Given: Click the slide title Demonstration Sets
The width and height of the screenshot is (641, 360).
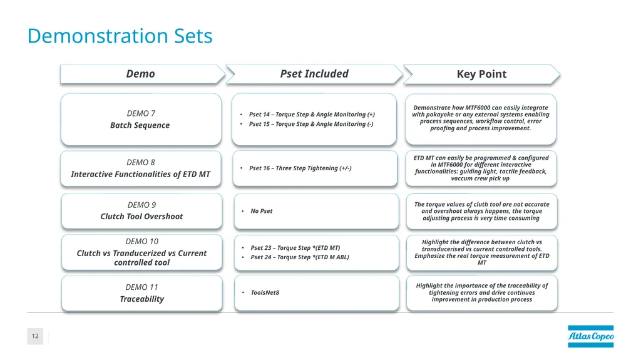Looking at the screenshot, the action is point(120,36).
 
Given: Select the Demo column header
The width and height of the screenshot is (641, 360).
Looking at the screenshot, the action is point(140,74).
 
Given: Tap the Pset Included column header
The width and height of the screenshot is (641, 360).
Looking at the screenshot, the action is point(314,74).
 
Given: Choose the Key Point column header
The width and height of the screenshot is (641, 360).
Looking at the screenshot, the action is point(481,74).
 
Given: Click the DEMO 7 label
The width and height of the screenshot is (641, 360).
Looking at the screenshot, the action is point(141,113).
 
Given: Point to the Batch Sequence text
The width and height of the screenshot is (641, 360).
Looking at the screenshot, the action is point(140,125).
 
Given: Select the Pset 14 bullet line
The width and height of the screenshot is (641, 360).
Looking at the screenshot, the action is point(312,115).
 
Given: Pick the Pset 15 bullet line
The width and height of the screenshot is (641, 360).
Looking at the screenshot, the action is point(311,124).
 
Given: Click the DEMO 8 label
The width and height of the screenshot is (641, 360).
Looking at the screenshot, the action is point(141,162).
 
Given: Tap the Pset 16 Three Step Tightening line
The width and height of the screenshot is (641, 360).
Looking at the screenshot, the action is point(300,168).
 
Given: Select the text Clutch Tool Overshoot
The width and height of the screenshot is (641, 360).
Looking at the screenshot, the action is point(142,217).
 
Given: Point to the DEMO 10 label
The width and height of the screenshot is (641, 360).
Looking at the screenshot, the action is point(142,242).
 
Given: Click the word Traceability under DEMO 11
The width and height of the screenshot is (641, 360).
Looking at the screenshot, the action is point(142,299).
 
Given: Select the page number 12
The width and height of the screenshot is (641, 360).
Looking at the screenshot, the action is point(35,336).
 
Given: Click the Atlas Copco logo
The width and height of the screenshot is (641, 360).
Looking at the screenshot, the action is point(591,336).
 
